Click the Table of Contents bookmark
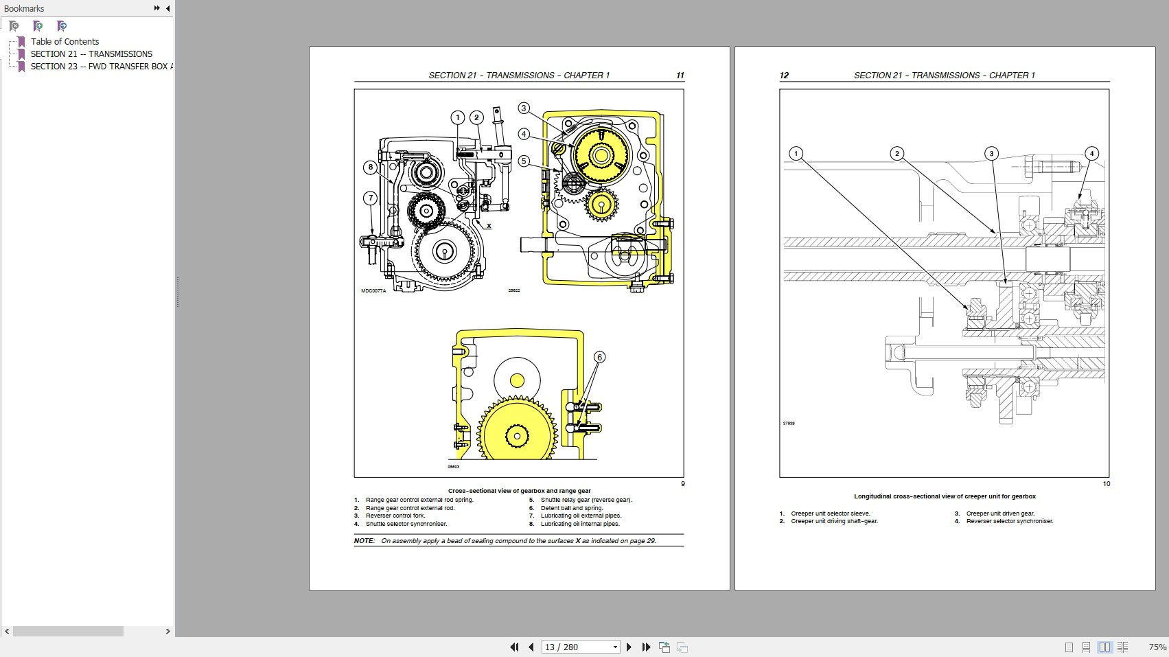click(65, 41)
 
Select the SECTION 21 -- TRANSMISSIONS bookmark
click(91, 54)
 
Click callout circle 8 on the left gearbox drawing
click(371, 167)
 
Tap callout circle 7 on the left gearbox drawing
click(371, 198)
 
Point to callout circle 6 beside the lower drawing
click(599, 357)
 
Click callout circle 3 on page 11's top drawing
click(524, 108)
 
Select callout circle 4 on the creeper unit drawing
click(1091, 153)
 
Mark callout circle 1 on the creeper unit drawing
click(796, 153)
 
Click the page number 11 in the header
click(680, 76)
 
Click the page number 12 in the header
click(784, 76)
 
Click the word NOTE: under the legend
click(364, 541)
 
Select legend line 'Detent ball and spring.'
click(571, 508)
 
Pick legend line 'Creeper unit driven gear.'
click(1000, 514)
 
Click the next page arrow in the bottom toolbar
click(629, 647)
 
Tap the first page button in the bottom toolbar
click(514, 647)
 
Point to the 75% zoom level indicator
click(1157, 647)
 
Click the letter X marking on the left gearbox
click(489, 226)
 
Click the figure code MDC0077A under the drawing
click(373, 291)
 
